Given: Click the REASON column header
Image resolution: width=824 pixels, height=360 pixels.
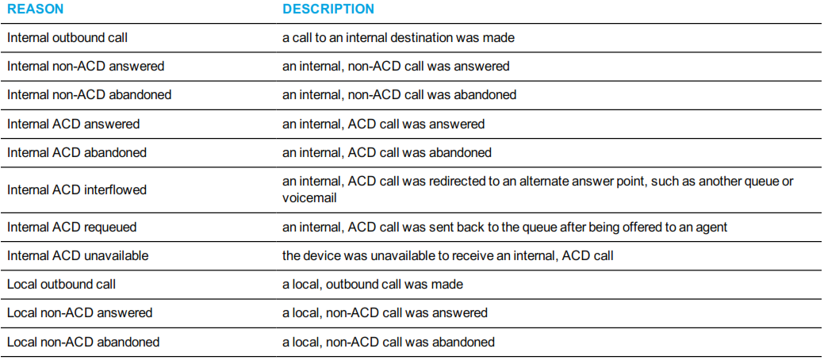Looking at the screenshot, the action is click(35, 9).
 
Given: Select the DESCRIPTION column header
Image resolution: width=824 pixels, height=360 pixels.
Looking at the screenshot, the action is click(328, 9).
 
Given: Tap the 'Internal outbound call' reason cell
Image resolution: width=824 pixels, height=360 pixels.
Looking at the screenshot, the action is click(67, 38).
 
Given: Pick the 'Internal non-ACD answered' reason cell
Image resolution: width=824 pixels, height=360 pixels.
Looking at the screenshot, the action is click(86, 67).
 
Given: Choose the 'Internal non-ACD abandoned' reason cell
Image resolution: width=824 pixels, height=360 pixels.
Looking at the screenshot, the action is click(90, 95).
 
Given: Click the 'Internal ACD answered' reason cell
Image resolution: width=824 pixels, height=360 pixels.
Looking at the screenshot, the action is click(73, 124).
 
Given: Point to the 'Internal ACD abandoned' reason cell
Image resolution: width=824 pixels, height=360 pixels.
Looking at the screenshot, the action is click(77, 153).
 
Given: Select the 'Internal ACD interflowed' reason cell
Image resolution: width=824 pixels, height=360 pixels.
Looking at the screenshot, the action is click(77, 190).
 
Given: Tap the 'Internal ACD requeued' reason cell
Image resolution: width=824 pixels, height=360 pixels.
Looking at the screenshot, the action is click(72, 227).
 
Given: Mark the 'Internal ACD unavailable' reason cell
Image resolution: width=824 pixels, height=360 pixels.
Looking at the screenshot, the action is click(78, 256).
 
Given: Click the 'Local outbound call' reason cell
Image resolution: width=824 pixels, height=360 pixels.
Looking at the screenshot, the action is click(62, 285).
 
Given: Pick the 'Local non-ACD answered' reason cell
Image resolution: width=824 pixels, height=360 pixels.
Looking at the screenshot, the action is click(80, 313).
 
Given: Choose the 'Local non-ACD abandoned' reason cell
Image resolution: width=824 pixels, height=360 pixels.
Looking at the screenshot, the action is click(83, 342).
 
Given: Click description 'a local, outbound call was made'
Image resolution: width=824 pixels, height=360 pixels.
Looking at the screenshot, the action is click(373, 285).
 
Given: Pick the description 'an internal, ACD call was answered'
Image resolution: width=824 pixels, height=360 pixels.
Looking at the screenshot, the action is click(384, 124).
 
